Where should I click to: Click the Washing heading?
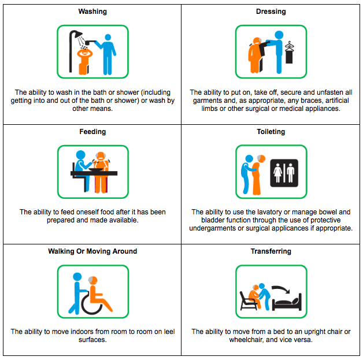(x=92, y=12)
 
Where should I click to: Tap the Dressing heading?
(x=271, y=12)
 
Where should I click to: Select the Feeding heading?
(x=92, y=132)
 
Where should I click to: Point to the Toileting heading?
(x=271, y=132)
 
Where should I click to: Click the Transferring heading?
(x=271, y=251)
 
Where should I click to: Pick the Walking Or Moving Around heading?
(x=92, y=251)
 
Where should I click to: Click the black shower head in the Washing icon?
(x=78, y=34)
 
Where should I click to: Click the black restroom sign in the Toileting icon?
(x=284, y=173)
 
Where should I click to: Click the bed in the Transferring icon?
(x=287, y=302)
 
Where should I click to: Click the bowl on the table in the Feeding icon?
(x=96, y=169)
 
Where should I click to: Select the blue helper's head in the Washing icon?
(x=108, y=37)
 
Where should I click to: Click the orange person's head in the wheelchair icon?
(x=93, y=280)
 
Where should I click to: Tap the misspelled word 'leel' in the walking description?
(x=169, y=332)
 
